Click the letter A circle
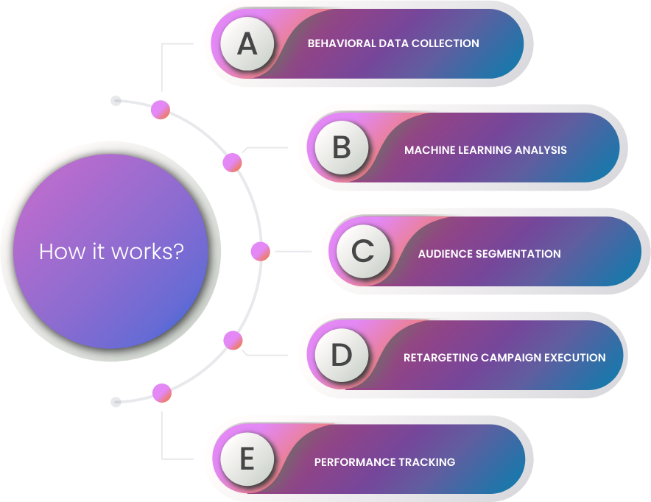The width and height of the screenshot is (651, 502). coord(247,43)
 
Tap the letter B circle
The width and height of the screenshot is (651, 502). coord(342,147)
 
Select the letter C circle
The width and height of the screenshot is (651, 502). coord(363,252)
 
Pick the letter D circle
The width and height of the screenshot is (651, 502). coord(342,355)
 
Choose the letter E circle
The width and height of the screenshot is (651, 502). coord(247,459)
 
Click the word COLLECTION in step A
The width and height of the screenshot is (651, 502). coord(446,43)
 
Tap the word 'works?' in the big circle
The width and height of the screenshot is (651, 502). coord(147,252)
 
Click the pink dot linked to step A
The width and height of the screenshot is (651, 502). coord(161,110)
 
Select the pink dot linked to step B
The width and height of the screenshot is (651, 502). coord(233,162)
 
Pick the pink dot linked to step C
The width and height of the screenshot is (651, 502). coord(261,252)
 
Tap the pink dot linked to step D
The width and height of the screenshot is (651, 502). coord(233,340)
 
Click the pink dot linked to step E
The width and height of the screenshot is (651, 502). coord(162,393)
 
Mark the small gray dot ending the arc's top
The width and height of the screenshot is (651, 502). coord(116,100)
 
